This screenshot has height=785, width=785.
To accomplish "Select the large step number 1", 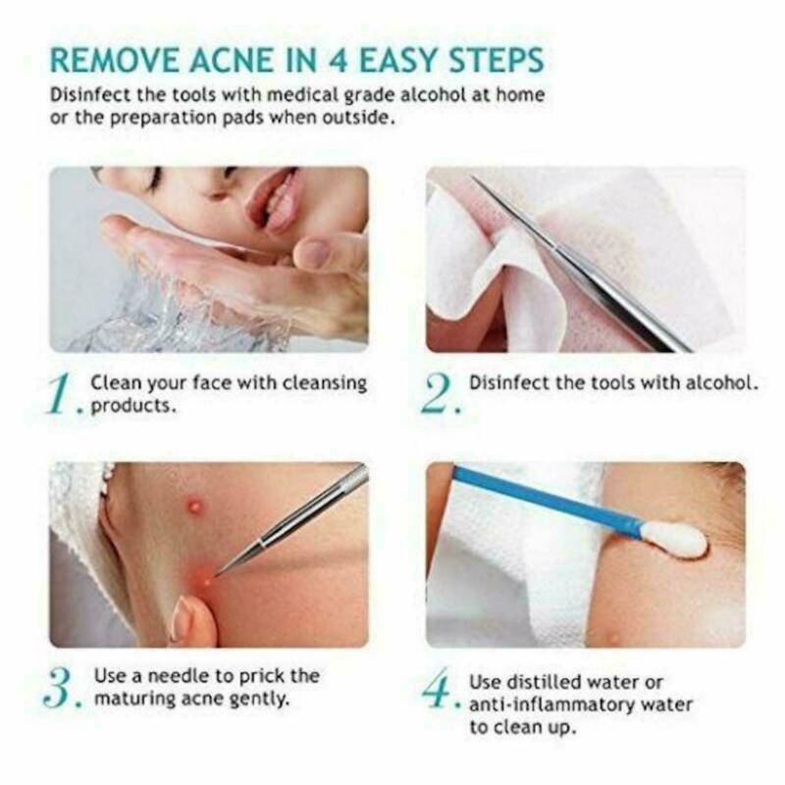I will (61, 394).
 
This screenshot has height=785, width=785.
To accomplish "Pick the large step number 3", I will (61, 689).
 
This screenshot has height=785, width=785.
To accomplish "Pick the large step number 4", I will (441, 689).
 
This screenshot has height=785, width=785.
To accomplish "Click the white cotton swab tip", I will (676, 539).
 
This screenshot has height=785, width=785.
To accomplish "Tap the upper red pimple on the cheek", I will (195, 506).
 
